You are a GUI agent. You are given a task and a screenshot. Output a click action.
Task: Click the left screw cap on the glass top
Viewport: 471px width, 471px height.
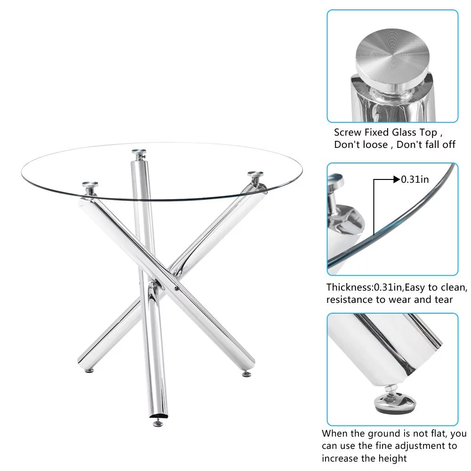(90, 184)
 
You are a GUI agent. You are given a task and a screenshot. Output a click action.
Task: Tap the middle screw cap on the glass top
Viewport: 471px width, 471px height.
(139, 151)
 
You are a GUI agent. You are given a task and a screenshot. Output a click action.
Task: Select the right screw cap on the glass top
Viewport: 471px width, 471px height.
(255, 174)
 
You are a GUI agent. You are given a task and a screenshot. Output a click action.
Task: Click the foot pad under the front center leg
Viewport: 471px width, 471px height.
(158, 423)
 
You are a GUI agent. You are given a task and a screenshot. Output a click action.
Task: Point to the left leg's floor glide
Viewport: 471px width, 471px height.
(89, 371)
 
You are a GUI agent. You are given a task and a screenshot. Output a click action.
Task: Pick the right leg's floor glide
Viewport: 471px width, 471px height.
(247, 374)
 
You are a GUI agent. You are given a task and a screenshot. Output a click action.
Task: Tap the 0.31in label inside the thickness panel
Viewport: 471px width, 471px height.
(415, 179)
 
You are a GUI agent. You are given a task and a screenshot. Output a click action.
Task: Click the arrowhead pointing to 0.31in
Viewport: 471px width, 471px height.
(397, 179)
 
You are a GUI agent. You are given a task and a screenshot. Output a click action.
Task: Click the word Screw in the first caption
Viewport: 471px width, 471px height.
(348, 132)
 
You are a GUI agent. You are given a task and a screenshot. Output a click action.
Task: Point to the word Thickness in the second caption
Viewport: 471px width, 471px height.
(349, 287)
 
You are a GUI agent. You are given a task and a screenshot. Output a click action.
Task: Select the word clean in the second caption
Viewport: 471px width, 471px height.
(454, 287)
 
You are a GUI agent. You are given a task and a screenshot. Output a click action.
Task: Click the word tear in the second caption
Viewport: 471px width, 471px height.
(443, 300)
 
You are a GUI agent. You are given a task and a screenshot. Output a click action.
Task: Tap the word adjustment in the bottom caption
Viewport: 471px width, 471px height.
(417, 447)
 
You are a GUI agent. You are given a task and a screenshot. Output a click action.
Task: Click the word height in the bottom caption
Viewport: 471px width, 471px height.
(391, 459)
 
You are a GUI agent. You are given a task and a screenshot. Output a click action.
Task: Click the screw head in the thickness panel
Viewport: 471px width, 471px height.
(336, 180)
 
